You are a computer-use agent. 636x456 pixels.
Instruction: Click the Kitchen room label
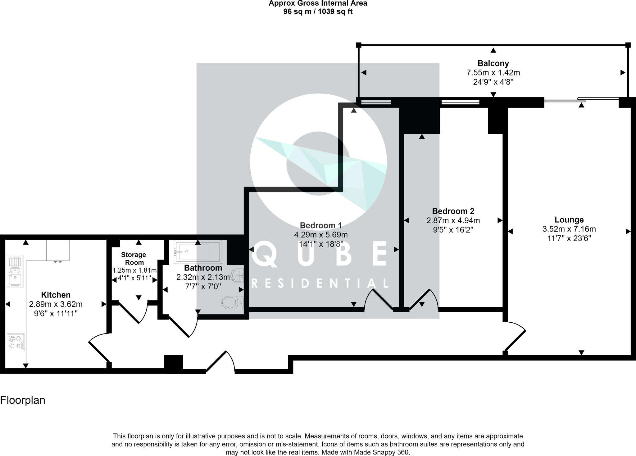point(56,295)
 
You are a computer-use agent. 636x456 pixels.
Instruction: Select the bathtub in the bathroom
point(198,252)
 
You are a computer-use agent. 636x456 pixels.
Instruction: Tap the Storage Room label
point(134,258)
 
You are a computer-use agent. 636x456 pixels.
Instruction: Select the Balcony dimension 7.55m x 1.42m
point(493,73)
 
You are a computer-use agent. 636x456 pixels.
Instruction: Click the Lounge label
point(569,220)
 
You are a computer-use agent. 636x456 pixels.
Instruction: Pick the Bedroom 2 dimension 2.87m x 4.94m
point(453,221)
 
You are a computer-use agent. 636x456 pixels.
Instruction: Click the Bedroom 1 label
point(321,225)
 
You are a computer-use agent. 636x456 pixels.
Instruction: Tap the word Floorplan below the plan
point(23,400)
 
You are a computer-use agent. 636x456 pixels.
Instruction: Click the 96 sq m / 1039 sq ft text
point(318,12)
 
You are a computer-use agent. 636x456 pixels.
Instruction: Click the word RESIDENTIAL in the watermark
point(320,283)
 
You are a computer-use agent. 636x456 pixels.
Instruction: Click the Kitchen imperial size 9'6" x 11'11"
point(56,313)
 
